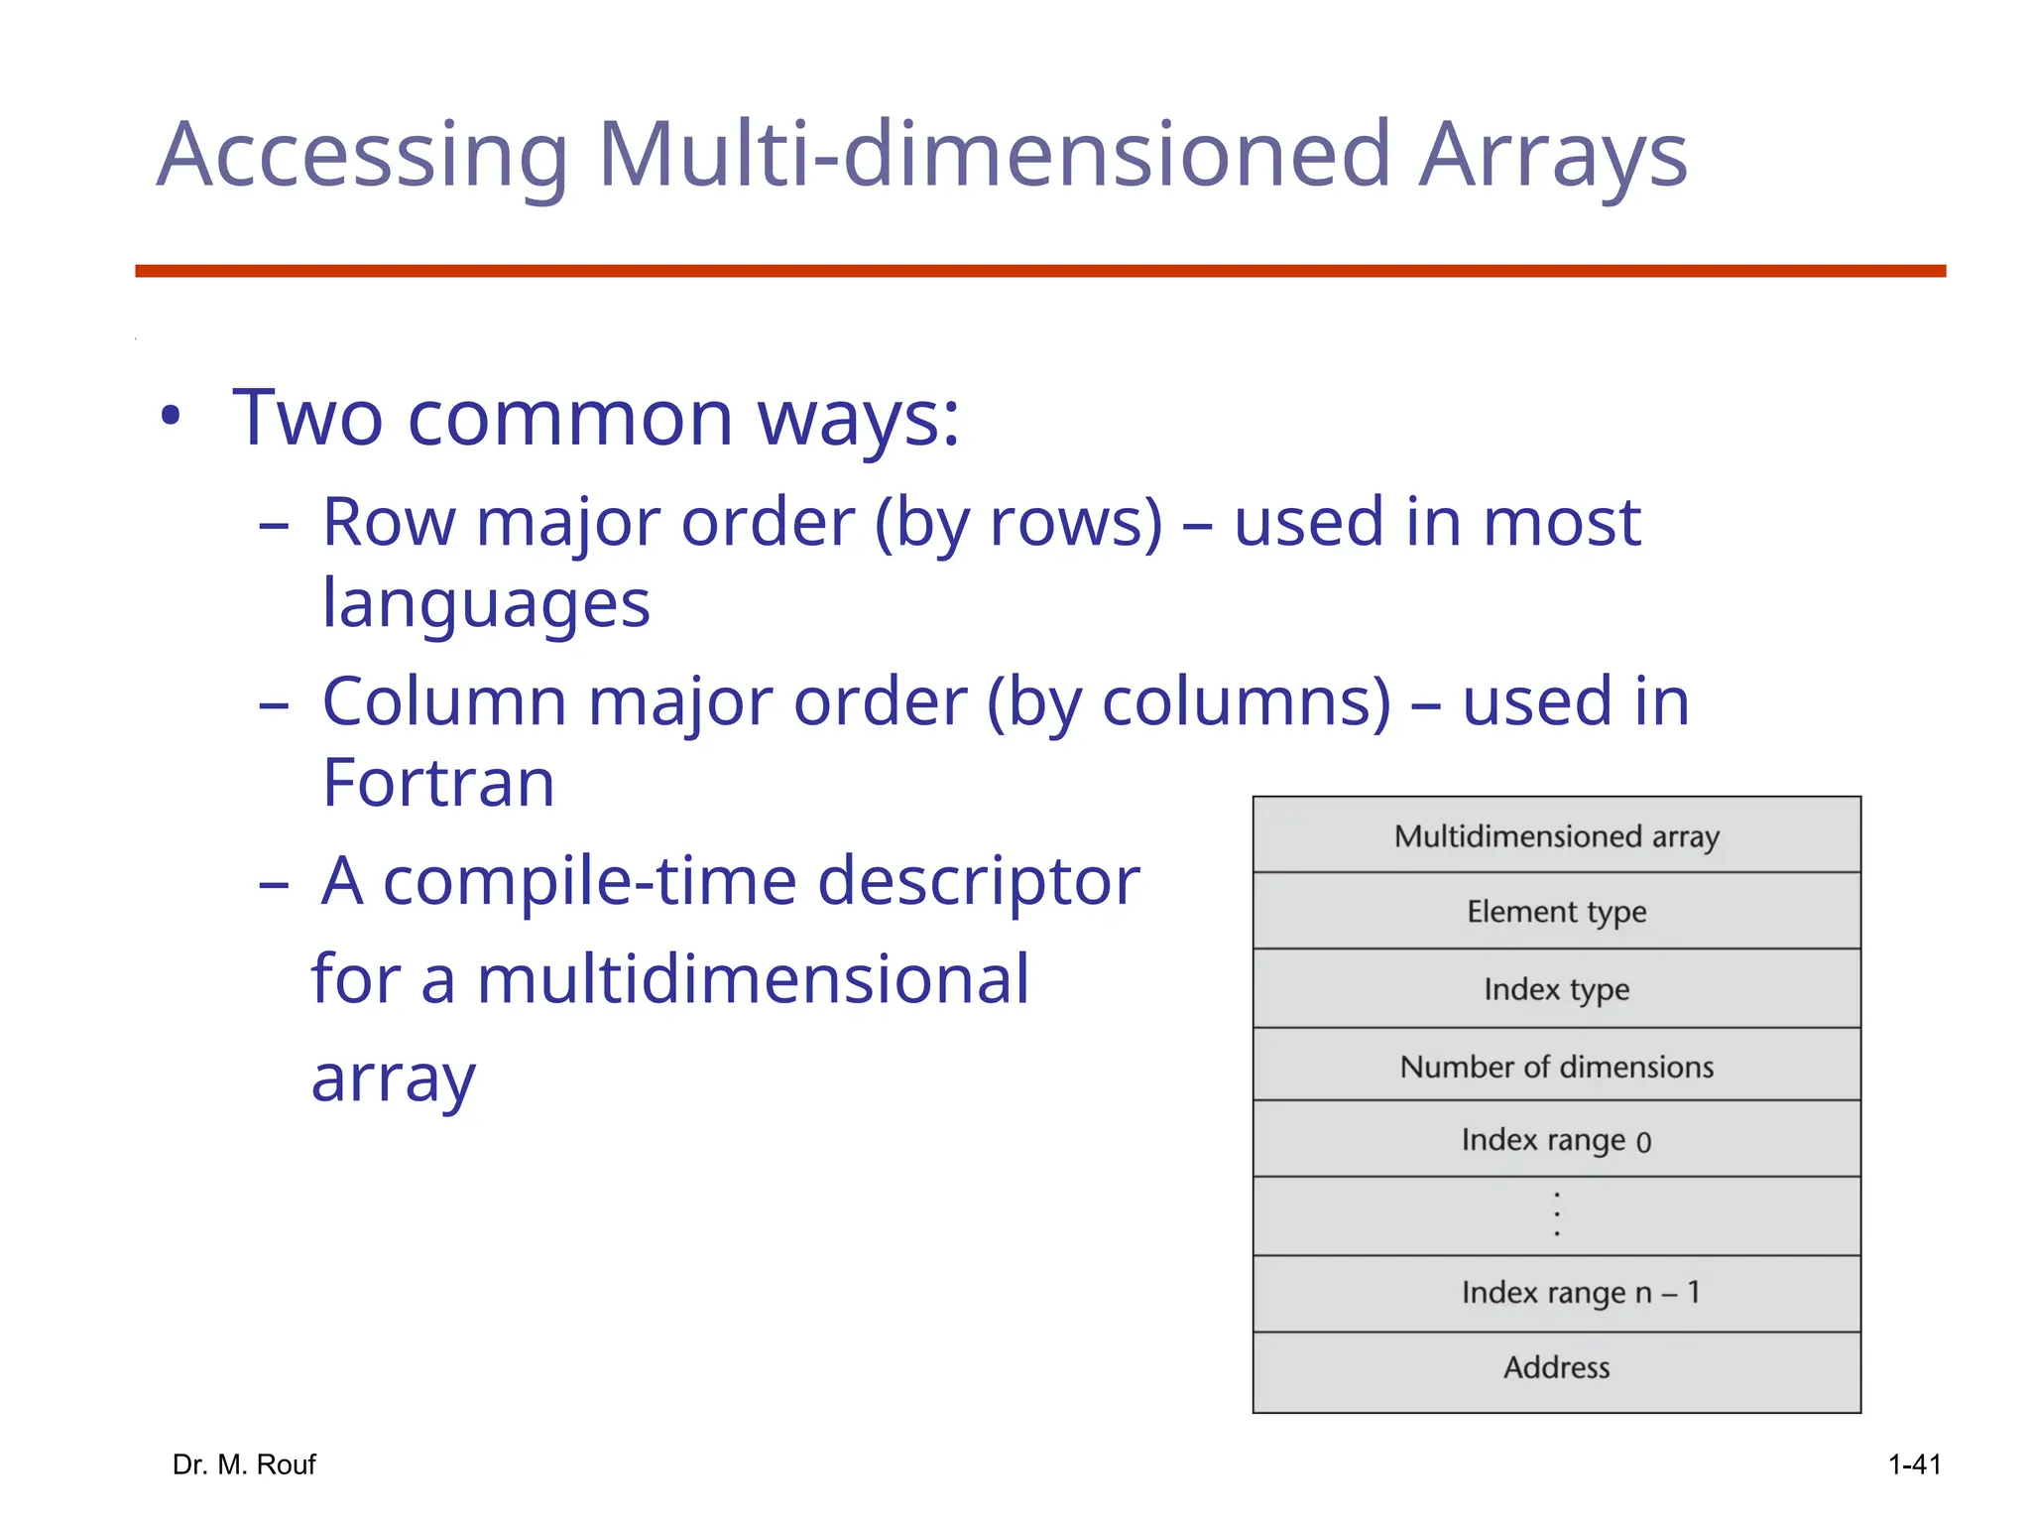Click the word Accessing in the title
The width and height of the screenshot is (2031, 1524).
tap(362, 156)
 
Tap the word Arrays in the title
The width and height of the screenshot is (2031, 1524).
tap(1552, 156)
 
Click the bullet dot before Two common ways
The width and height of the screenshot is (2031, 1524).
tap(172, 418)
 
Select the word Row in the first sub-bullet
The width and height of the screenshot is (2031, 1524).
tap(388, 523)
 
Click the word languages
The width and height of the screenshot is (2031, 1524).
tap(486, 604)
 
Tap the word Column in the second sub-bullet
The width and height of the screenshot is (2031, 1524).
tap(445, 702)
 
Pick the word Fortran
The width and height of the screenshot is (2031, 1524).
tap(438, 784)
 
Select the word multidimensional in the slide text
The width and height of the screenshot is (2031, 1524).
tap(753, 980)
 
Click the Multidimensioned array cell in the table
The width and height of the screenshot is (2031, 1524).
tap(1556, 836)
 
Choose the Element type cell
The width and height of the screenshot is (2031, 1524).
tap(1556, 912)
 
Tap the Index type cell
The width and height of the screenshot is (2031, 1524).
tap(1556, 989)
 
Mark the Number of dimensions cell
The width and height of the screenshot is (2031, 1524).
tap(1556, 1067)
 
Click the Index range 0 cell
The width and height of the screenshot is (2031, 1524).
tap(1556, 1141)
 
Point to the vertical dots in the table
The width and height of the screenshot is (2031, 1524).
tap(1556, 1214)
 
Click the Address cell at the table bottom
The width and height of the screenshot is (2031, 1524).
tap(1556, 1368)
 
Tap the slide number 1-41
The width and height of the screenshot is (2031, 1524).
tap(1914, 1464)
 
